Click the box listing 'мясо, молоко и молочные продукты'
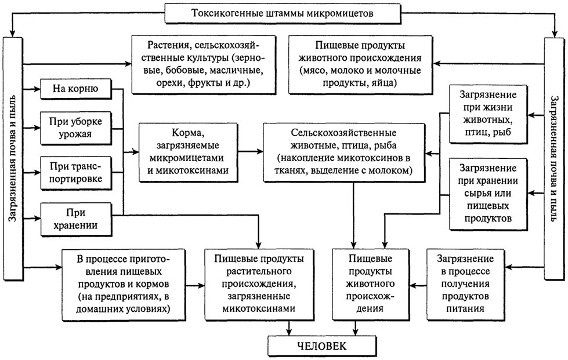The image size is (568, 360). (361, 63)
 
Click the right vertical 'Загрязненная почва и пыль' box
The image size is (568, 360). (554, 157)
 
